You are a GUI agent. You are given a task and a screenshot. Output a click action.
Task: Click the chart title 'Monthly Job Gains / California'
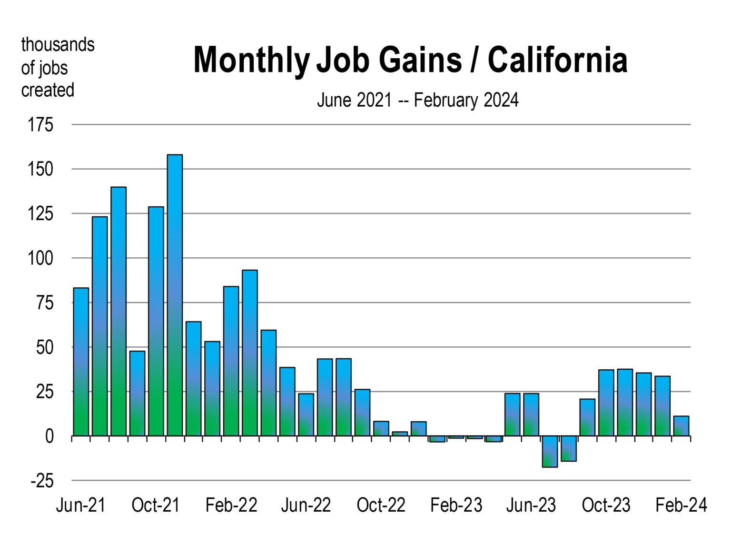410,60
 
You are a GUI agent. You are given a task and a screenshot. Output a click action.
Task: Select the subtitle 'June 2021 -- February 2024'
417,101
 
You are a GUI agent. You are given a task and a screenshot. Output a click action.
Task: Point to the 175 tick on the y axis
40,125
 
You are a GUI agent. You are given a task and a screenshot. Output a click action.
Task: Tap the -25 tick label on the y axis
42,481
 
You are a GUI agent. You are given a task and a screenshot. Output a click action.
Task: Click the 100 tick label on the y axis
40,258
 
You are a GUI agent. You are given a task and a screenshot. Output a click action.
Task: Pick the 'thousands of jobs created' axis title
57,67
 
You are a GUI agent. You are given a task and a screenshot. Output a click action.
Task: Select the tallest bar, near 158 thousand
175,295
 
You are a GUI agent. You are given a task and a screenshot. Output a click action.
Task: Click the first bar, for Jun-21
81,362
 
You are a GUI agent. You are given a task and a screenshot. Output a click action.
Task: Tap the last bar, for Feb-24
681,426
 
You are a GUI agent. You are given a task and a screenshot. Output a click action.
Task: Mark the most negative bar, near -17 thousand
550,451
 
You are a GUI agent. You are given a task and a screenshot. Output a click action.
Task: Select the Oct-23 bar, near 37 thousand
606,403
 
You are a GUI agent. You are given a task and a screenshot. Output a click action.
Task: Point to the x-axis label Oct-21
156,505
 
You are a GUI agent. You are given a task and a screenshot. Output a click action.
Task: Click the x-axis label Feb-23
456,505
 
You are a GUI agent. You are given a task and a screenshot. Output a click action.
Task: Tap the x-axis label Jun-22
306,505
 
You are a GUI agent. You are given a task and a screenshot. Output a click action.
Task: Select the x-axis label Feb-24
681,505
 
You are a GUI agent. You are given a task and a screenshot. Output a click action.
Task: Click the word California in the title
557,60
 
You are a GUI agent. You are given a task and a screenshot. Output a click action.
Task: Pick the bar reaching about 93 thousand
250,353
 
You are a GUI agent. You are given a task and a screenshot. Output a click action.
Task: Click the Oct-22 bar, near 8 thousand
381,429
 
